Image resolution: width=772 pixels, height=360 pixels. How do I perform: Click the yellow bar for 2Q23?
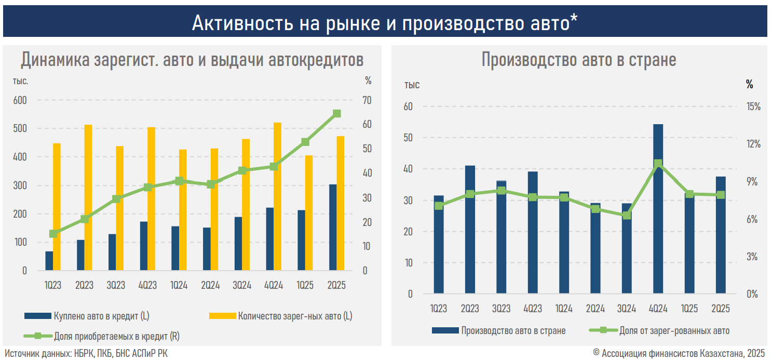click(x=88, y=197)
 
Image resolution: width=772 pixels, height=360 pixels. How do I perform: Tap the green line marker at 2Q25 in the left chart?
click(x=336, y=114)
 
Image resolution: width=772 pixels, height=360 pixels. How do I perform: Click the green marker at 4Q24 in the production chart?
click(x=658, y=164)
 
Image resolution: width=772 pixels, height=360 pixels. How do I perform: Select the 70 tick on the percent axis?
click(x=367, y=100)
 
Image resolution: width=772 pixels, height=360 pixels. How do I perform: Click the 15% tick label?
click(x=753, y=106)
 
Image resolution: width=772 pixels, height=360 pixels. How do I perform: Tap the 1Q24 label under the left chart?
click(x=179, y=285)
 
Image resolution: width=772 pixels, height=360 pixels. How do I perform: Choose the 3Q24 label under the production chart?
click(x=626, y=308)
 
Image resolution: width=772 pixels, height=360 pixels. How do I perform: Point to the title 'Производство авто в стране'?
click(x=578, y=60)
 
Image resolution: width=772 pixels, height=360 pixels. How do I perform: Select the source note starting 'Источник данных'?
click(x=86, y=353)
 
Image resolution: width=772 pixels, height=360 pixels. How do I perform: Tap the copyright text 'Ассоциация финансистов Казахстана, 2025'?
click(x=683, y=353)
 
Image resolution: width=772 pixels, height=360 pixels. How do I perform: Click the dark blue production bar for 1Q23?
click(x=439, y=244)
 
